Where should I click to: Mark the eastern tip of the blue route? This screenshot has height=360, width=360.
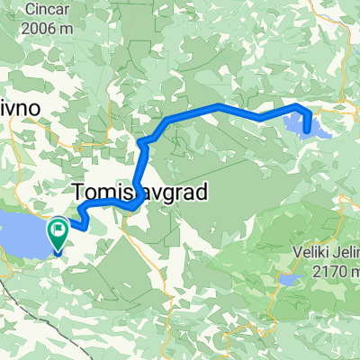309,130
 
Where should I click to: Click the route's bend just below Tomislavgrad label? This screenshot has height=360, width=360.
133,206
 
